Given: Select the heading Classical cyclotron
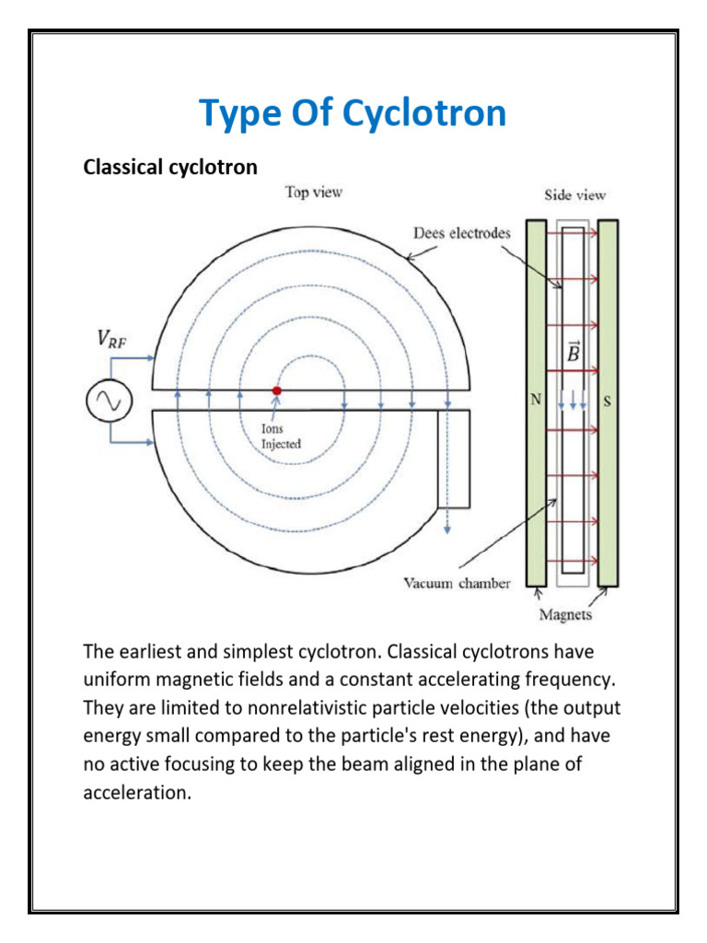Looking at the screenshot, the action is (x=170, y=168).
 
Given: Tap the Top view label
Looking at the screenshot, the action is (x=313, y=192).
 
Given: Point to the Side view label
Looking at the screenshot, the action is (x=574, y=195).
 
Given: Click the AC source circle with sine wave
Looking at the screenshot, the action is (x=109, y=400).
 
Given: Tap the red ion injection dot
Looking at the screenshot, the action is (x=276, y=390).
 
